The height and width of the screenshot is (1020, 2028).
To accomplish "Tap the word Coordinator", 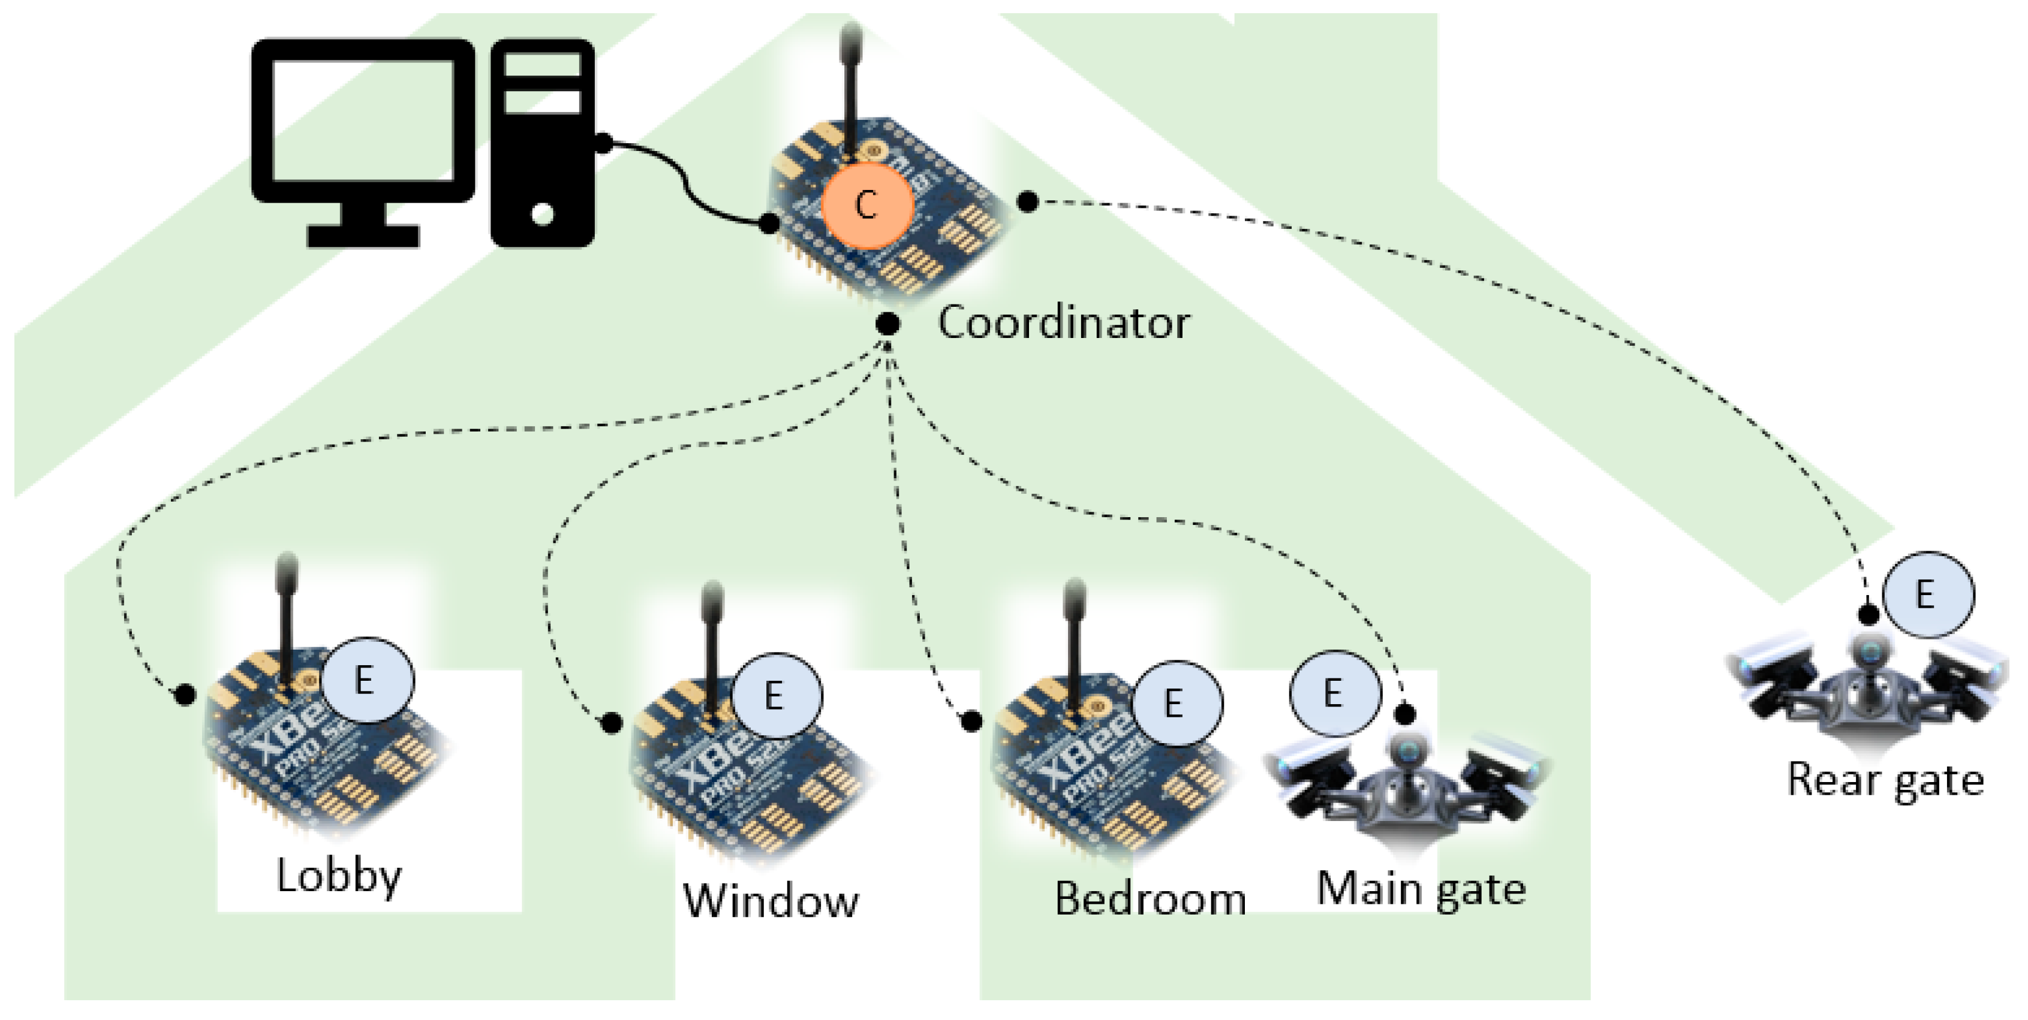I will [x=1063, y=322].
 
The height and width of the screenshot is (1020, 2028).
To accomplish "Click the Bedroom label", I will [x=1150, y=899].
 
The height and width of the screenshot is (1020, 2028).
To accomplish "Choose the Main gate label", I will [x=1421, y=890].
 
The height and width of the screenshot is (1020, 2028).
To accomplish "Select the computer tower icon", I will [x=543, y=141].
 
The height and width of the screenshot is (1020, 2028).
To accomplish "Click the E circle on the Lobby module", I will [x=367, y=679].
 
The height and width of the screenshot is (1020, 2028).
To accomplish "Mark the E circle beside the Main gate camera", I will [x=1334, y=693].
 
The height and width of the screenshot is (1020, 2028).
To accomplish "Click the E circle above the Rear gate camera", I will [x=1927, y=595].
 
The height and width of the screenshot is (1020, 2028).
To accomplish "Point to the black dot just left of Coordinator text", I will [x=888, y=324].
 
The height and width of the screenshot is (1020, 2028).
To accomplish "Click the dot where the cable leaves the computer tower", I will [x=603, y=143].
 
